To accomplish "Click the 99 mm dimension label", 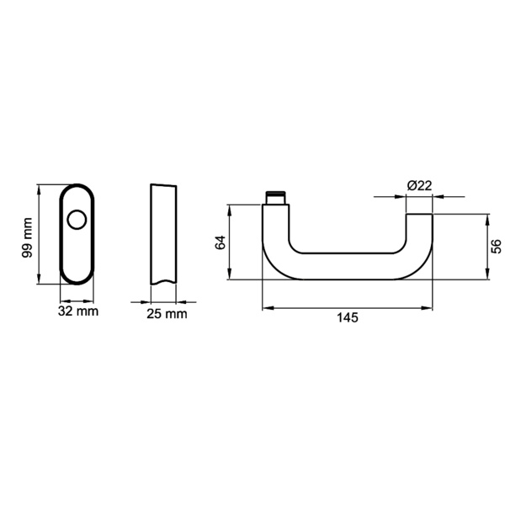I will (x=27, y=237).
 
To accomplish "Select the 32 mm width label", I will (x=78, y=311).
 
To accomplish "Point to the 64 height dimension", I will (x=221, y=242).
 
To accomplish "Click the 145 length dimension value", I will (x=347, y=317).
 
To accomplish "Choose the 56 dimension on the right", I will (x=497, y=246).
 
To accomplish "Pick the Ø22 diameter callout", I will (x=418, y=185).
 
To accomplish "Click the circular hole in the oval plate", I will (x=77, y=221).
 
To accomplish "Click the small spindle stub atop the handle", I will (x=275, y=198).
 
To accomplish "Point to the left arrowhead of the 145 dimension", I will (x=266, y=308).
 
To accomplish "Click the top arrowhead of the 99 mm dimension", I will (x=40, y=187).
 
